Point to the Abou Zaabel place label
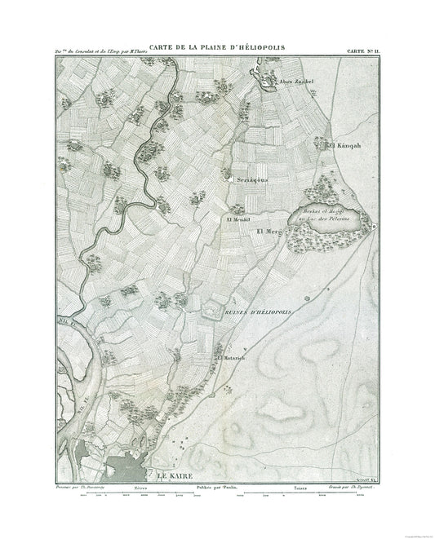click(297, 82)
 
